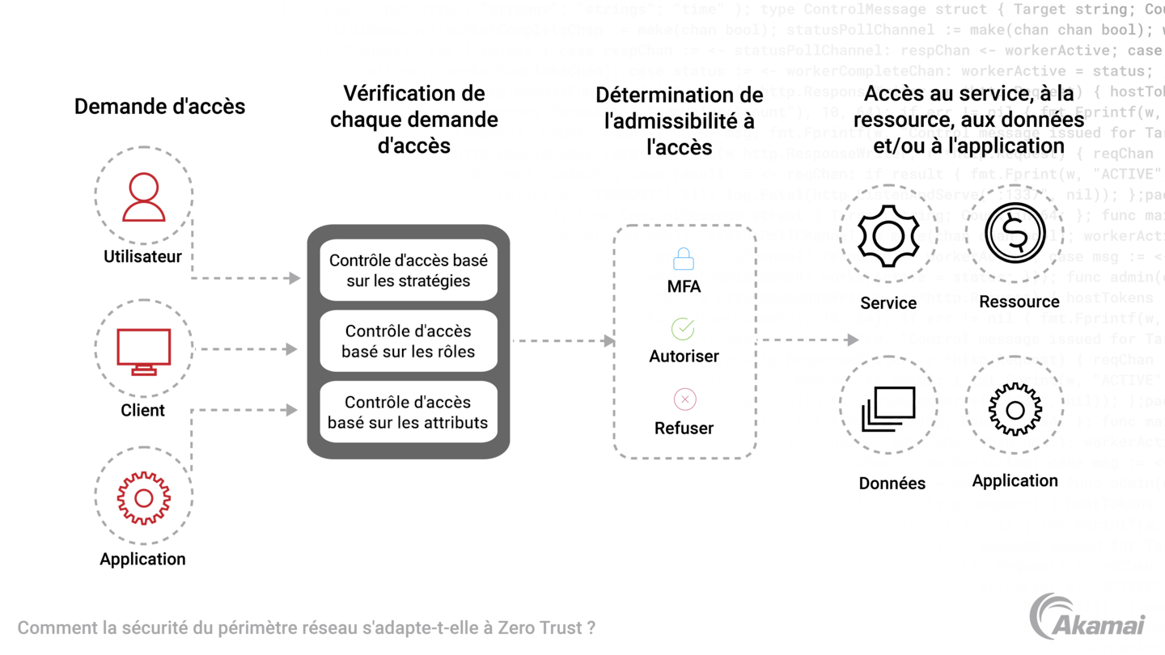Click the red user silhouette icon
point(144,197)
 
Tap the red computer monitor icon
point(144,350)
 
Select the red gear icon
point(143,498)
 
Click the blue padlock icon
point(684,259)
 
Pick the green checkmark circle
point(683,328)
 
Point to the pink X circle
point(684,399)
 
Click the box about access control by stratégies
point(408,270)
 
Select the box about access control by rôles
point(408,340)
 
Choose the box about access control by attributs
point(408,412)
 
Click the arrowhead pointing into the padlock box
point(608,340)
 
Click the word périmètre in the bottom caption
point(256,628)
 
